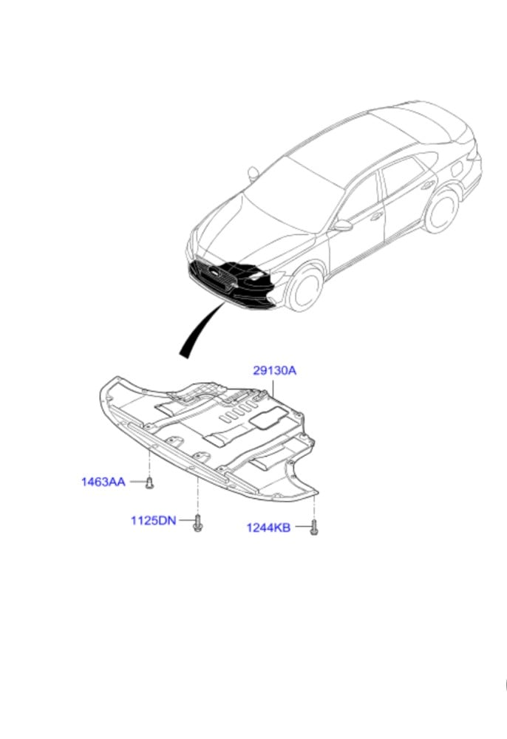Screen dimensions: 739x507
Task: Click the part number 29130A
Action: (274, 371)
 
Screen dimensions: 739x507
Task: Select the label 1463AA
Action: (103, 482)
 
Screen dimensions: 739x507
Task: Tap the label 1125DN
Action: (153, 520)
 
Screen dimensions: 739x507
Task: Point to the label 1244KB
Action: (268, 527)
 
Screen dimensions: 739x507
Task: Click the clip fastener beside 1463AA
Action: (149, 483)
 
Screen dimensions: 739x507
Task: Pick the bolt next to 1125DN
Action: (197, 522)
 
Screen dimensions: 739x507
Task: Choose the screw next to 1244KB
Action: (313, 527)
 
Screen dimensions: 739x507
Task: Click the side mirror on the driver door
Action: (342, 225)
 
